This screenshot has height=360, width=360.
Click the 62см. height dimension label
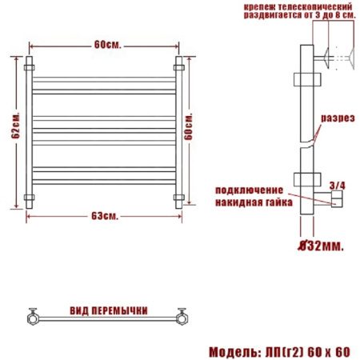16,126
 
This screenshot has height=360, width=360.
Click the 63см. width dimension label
105,216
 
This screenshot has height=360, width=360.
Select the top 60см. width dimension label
107,45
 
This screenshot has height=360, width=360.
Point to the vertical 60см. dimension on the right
188,126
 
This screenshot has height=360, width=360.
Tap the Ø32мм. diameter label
320,246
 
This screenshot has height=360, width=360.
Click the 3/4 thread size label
337,186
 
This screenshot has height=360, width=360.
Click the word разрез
338,118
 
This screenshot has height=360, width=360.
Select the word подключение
249,190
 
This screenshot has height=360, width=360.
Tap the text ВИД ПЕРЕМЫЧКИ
109,311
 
